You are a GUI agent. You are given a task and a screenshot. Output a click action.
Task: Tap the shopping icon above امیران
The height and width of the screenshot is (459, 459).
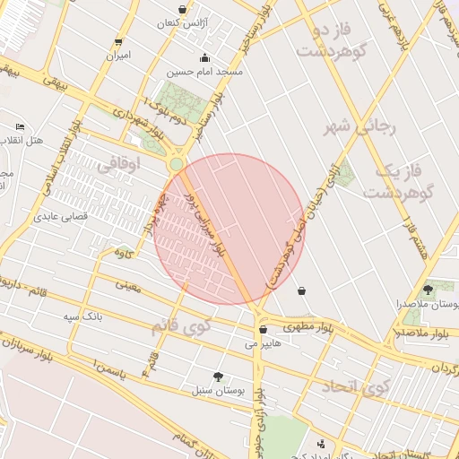tap(118, 42)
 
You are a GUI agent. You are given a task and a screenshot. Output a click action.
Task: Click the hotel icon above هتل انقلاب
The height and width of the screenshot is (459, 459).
tap(20, 128)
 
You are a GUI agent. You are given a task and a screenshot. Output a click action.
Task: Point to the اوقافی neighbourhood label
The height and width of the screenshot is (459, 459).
tap(117, 165)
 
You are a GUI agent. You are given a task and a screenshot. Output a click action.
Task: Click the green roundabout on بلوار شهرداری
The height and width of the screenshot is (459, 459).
tap(177, 163)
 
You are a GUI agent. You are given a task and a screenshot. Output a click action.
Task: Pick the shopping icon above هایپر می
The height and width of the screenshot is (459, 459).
tap(263, 329)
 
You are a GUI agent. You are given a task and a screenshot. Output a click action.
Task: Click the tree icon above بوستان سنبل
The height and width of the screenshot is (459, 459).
tap(218, 377)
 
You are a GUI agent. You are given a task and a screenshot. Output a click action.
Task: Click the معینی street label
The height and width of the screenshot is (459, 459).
tap(128, 287)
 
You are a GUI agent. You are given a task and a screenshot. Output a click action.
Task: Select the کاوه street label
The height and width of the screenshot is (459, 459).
tap(124, 253)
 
